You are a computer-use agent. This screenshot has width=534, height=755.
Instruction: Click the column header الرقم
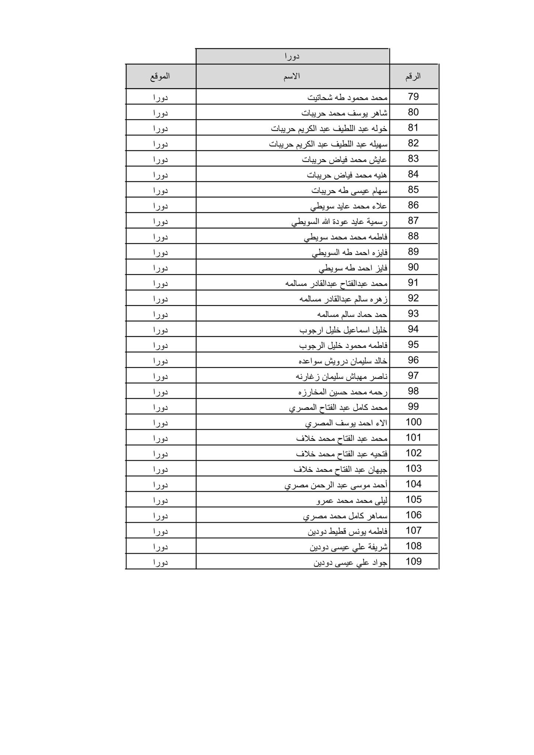point(413,76)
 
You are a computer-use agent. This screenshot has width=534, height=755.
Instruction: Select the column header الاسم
point(292,76)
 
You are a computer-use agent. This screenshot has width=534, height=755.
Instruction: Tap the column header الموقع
point(160,76)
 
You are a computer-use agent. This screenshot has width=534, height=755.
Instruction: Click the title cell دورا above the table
point(292,56)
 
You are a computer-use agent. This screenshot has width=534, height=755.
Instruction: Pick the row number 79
point(413,97)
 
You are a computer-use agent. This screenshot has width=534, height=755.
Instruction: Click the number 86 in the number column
point(413,205)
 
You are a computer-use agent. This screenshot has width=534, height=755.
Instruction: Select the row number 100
point(413,422)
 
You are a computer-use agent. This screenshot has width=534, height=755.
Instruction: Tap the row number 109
point(413,561)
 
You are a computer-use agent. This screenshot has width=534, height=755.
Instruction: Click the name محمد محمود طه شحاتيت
point(347,97)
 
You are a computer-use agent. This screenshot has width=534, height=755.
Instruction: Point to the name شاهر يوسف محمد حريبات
point(344,113)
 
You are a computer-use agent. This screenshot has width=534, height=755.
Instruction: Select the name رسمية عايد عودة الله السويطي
point(339,221)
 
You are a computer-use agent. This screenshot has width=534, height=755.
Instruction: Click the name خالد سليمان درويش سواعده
point(343,361)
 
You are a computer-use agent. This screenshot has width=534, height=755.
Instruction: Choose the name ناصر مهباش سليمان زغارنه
point(341,376)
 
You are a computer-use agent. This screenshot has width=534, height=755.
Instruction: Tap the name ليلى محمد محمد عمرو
point(352,500)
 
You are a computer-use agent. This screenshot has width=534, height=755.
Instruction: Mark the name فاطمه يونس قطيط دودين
point(347,531)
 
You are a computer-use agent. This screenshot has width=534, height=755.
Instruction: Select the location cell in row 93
point(160,314)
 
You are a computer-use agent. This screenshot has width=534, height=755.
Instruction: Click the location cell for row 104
point(160,484)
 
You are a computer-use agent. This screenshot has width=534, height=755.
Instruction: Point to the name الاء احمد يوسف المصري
point(346,422)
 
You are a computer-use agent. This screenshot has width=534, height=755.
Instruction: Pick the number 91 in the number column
point(413,282)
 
